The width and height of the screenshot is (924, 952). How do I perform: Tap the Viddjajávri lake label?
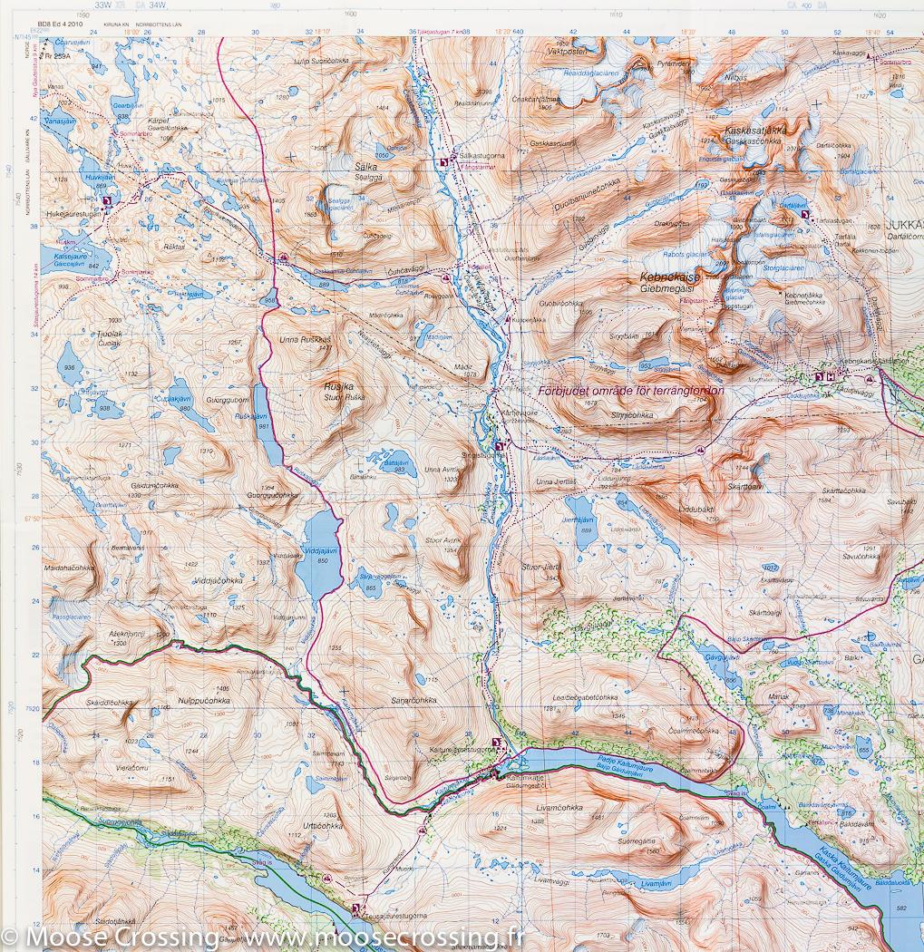tap(316, 551)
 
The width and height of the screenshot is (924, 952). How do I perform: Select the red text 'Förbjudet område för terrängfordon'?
tap(636, 391)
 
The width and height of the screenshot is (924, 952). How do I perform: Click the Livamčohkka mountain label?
tap(559, 806)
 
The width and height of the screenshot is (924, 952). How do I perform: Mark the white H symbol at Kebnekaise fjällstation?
tap(830, 377)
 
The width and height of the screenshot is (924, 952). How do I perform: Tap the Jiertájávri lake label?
tap(578, 520)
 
